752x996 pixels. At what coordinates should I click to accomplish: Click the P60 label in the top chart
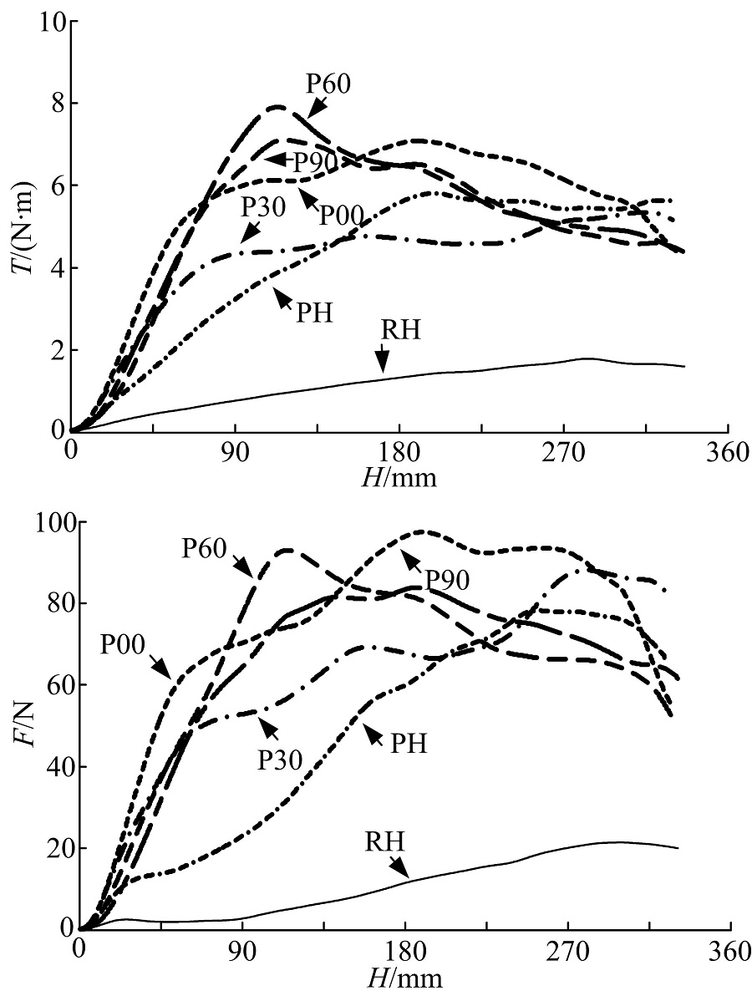[328, 84]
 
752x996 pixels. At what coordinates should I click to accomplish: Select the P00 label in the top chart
[340, 215]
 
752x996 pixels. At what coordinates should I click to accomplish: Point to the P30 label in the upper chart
[265, 206]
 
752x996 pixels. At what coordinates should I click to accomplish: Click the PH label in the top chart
[314, 313]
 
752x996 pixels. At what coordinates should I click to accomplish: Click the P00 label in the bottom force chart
[123, 647]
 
